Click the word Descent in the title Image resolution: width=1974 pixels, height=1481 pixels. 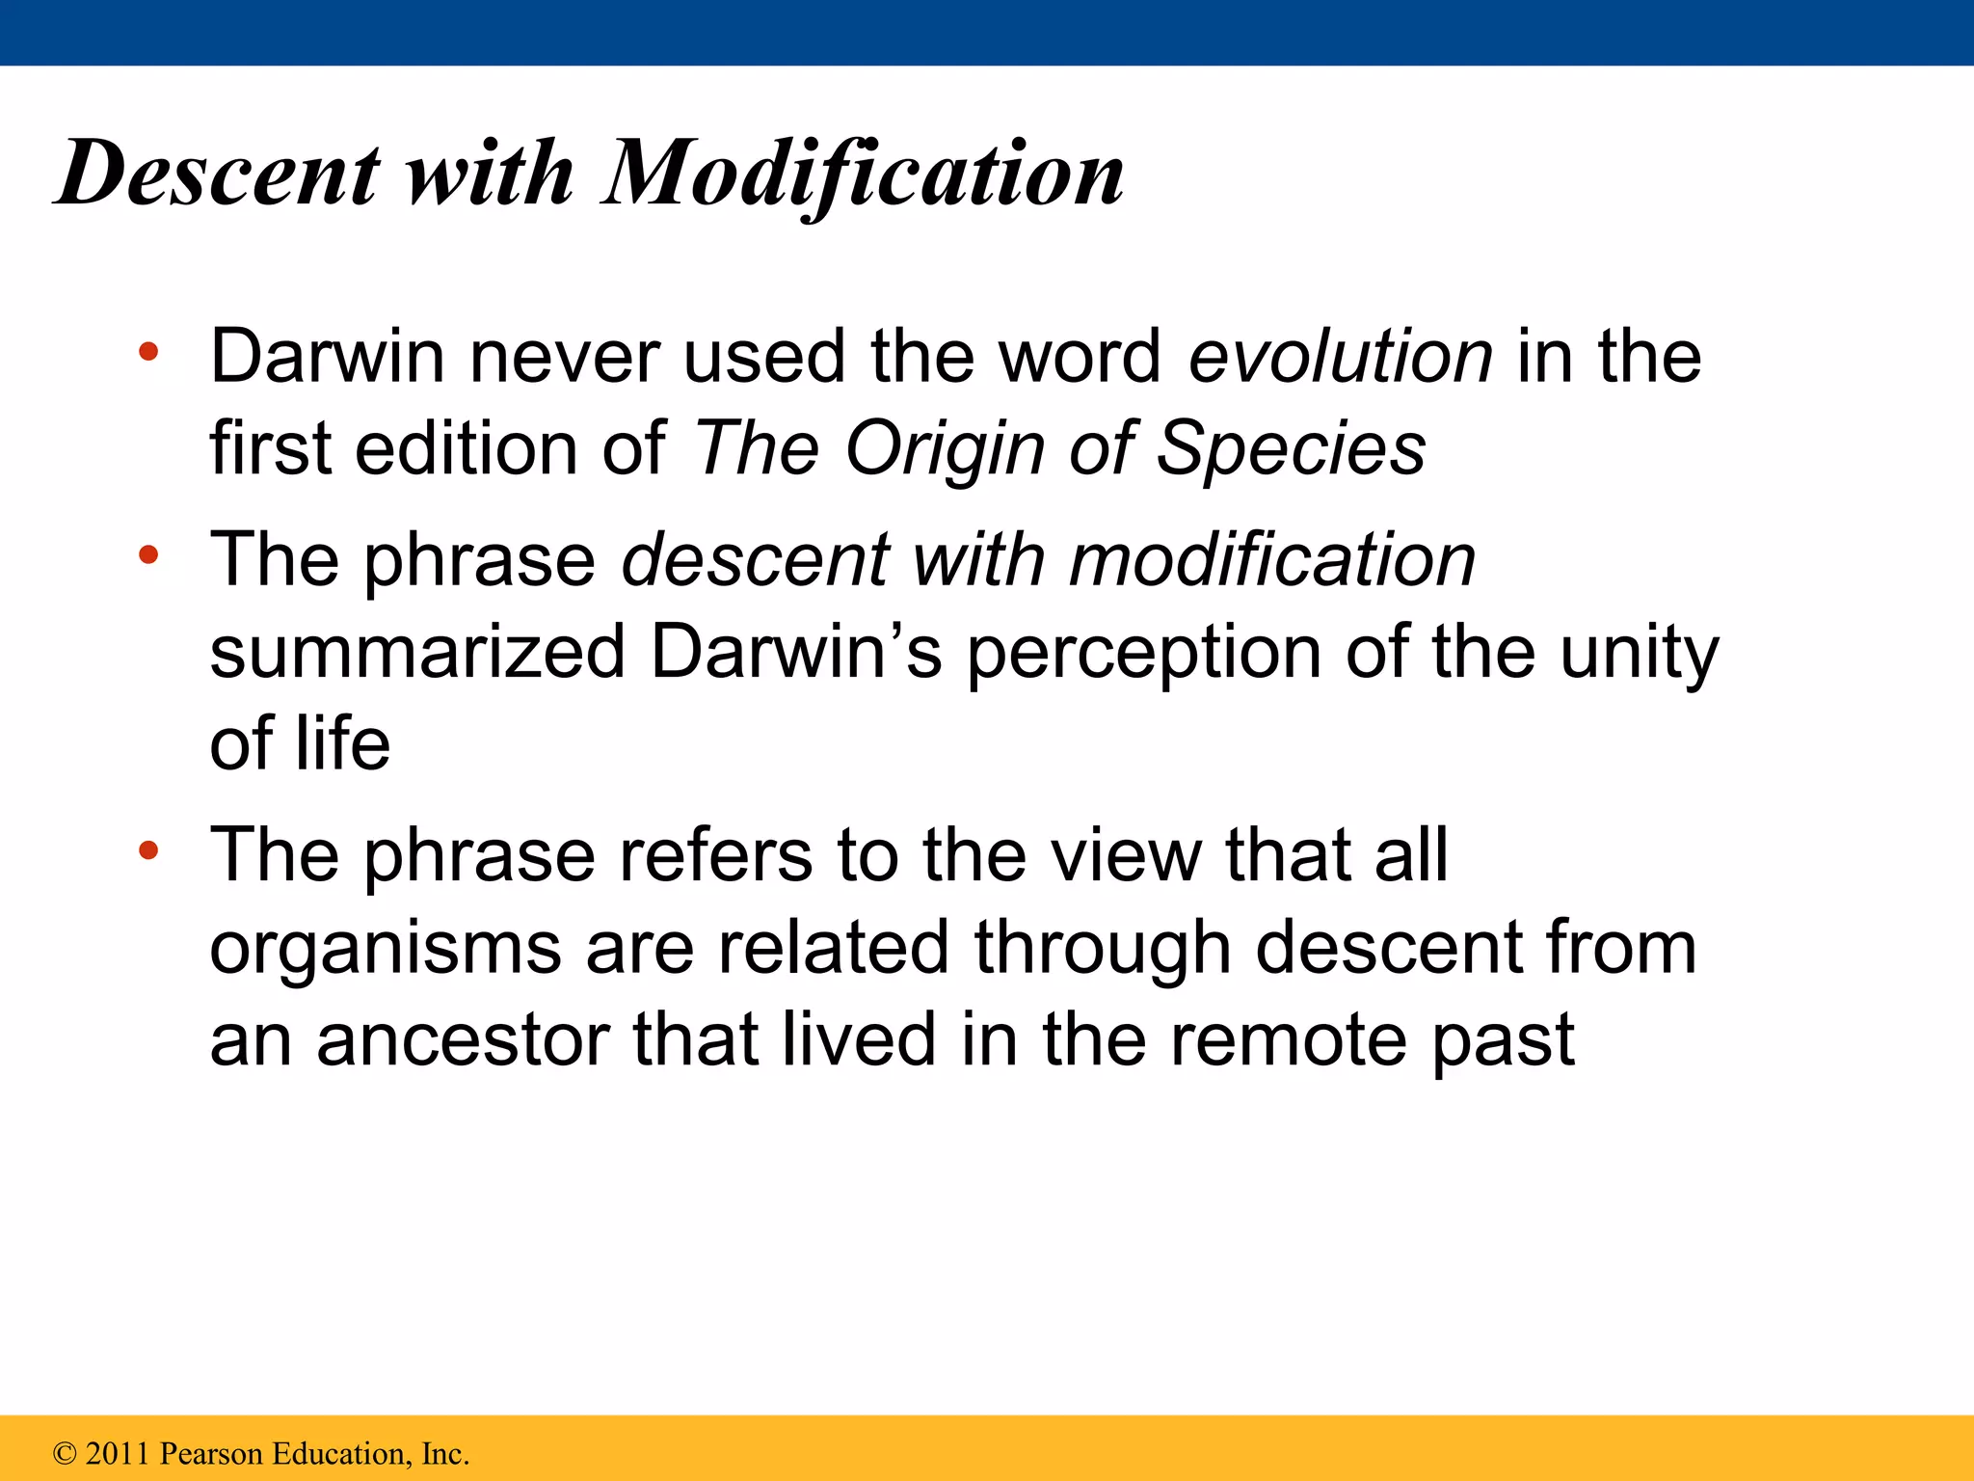pos(218,174)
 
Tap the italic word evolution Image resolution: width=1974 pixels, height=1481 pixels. pos(1341,357)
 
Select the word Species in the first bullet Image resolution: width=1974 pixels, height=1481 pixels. pos(1291,449)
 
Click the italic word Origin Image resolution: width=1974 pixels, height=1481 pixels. pos(945,449)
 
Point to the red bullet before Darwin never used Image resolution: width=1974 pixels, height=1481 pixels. pos(147,353)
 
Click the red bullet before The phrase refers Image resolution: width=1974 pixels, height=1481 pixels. pos(147,851)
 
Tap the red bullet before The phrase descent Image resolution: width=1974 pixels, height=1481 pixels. pos(147,555)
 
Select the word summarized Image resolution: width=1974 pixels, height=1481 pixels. pos(417,653)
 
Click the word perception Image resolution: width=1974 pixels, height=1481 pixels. pos(1144,653)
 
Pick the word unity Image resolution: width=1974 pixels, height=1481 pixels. pos(1639,653)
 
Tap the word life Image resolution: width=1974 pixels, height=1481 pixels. pos(342,744)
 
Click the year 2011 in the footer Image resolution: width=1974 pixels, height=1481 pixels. pos(120,1454)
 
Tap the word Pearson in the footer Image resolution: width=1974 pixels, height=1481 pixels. pos(211,1454)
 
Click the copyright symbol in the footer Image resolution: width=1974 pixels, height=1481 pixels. pos(65,1454)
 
